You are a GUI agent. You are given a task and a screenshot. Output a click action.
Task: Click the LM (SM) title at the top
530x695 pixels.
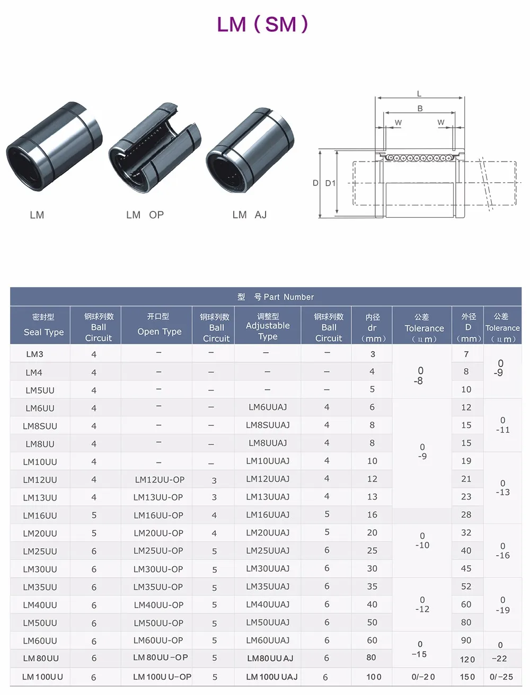[263, 24]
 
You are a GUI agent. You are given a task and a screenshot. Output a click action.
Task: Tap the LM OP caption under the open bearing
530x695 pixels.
[145, 215]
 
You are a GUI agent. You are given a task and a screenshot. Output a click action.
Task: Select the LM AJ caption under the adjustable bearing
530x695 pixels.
[250, 215]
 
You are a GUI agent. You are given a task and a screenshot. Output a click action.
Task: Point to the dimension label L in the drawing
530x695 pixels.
[419, 93]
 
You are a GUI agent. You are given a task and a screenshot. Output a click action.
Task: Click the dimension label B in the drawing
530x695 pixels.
[420, 109]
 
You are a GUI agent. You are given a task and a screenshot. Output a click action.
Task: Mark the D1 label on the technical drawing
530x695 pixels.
[330, 183]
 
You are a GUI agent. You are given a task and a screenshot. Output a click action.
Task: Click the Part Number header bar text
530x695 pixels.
[276, 297]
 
